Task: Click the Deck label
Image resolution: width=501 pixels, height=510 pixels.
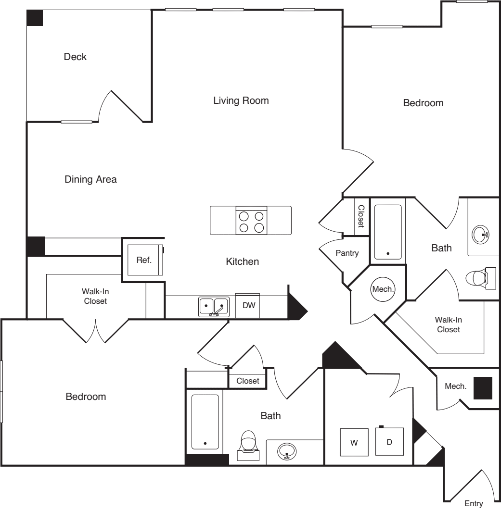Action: pyautogui.click(x=75, y=57)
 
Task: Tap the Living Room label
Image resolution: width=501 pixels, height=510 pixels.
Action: pyautogui.click(x=241, y=100)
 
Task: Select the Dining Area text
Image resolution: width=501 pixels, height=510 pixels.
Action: pyautogui.click(x=90, y=179)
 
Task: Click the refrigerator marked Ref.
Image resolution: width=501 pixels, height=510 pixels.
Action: pyautogui.click(x=145, y=260)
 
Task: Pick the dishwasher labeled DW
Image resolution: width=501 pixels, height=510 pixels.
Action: pyautogui.click(x=247, y=305)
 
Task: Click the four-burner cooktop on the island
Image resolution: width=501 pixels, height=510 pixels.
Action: pyautogui.click(x=252, y=220)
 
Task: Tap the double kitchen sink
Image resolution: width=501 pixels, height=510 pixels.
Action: pyautogui.click(x=213, y=307)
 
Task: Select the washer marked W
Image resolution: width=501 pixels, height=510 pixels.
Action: pyautogui.click(x=354, y=442)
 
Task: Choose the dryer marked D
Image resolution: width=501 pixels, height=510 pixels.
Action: pyautogui.click(x=389, y=441)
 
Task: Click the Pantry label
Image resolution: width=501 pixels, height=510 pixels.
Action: pyautogui.click(x=347, y=253)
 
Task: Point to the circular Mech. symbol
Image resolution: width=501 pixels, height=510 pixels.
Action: pyautogui.click(x=383, y=289)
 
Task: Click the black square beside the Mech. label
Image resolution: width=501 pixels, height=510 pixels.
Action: pyautogui.click(x=483, y=388)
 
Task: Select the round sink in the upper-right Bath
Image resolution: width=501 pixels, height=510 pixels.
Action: pyautogui.click(x=480, y=235)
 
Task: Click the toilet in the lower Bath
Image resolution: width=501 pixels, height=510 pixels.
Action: pyautogui.click(x=248, y=445)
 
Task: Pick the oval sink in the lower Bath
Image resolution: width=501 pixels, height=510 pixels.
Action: pyautogui.click(x=287, y=451)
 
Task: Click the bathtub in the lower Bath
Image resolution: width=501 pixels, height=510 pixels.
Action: pyautogui.click(x=205, y=422)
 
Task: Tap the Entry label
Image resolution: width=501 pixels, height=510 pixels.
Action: pyautogui.click(x=474, y=503)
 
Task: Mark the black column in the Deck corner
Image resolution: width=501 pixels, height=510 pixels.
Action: pyautogui.click(x=35, y=18)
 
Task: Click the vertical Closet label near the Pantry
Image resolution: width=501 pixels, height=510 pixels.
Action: pyautogui.click(x=361, y=216)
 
